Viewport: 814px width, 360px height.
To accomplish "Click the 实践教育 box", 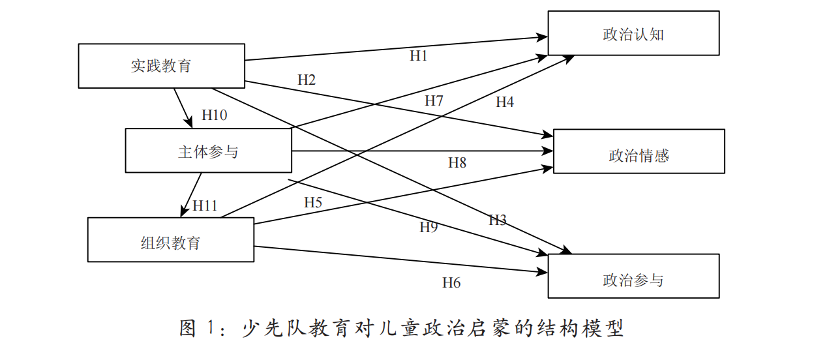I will pyautogui.click(x=161, y=66).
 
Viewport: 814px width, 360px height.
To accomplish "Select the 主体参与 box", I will pyautogui.click(x=208, y=151).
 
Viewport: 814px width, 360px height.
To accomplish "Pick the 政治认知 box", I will pyautogui.click(x=633, y=33).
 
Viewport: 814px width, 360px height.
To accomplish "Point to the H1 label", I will pyautogui.click(x=418, y=56).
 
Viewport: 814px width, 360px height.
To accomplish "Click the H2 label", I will pyautogui.click(x=307, y=80).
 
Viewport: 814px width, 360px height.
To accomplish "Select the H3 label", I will pyautogui.click(x=498, y=220).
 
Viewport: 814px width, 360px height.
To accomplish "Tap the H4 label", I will pyautogui.click(x=505, y=102).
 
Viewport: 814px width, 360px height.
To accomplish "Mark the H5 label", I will pyautogui.click(x=313, y=202).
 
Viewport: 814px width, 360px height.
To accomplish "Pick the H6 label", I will pyautogui.click(x=451, y=282).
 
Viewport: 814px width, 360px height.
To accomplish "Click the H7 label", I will pyautogui.click(x=434, y=100).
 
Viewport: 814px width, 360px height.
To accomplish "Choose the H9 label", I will pyautogui.click(x=429, y=227).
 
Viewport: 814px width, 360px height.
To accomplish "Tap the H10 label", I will pyautogui.click(x=215, y=115).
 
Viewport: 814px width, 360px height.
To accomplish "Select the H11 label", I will pyautogui.click(x=205, y=205).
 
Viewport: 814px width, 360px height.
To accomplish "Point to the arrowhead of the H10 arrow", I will pyautogui.click(x=190, y=123).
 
